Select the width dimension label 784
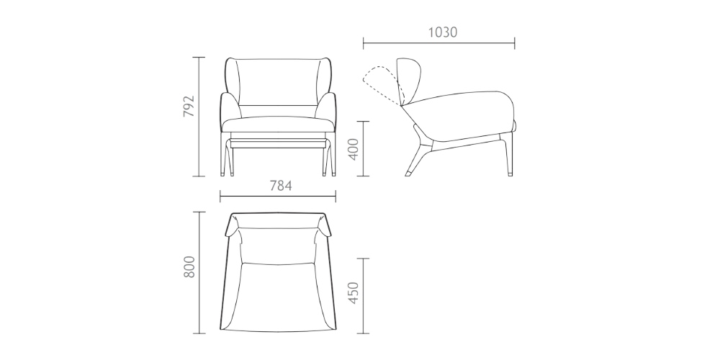(x=279, y=186)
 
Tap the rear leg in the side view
(x=416, y=155)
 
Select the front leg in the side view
(x=509, y=155)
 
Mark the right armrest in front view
(x=328, y=108)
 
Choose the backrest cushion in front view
(x=278, y=83)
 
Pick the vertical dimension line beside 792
(x=199, y=115)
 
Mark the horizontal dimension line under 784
(x=278, y=197)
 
